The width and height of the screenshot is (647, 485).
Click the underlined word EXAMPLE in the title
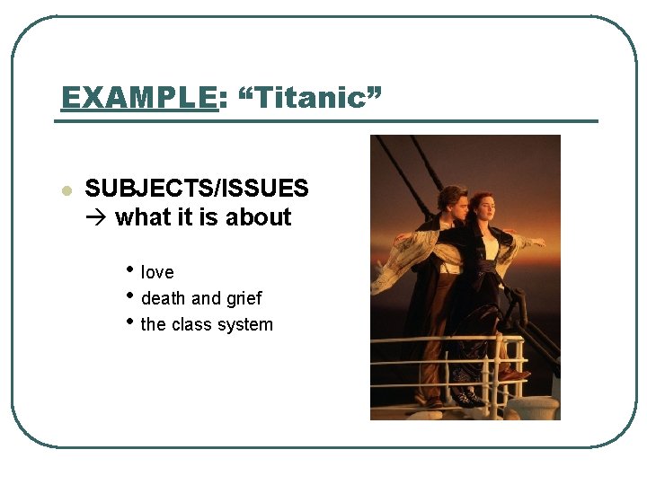(138, 97)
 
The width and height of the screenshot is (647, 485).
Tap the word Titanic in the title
(309, 97)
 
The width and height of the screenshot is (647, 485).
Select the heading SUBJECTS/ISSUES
(197, 189)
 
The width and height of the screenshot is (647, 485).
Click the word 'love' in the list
(157, 272)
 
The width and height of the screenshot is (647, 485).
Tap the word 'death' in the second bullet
(163, 298)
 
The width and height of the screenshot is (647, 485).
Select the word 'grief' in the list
(244, 298)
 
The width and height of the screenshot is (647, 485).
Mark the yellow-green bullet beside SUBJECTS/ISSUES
(66, 190)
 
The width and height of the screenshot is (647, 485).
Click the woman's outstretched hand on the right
(539, 242)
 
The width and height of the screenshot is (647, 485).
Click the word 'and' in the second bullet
(206, 298)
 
